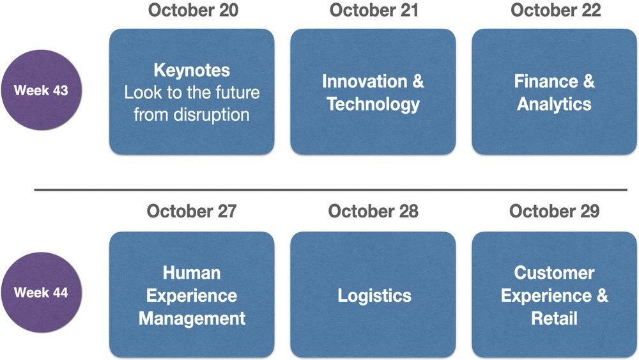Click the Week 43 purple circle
click(x=42, y=90)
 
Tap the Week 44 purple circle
click(x=42, y=292)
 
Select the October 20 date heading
click(x=193, y=10)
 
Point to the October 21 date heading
click(x=374, y=10)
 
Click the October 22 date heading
click(x=556, y=10)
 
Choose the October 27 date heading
click(x=192, y=211)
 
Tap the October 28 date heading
click(x=373, y=211)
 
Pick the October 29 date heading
click(x=555, y=211)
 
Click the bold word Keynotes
click(x=192, y=70)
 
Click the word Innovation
click(x=365, y=81)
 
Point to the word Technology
click(x=373, y=104)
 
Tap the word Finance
click(x=546, y=81)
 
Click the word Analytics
click(x=554, y=104)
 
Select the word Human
click(x=192, y=273)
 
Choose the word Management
click(x=192, y=319)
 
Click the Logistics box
click(x=373, y=295)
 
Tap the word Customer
click(x=554, y=273)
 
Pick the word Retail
click(x=554, y=318)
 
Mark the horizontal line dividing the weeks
click(x=330, y=190)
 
